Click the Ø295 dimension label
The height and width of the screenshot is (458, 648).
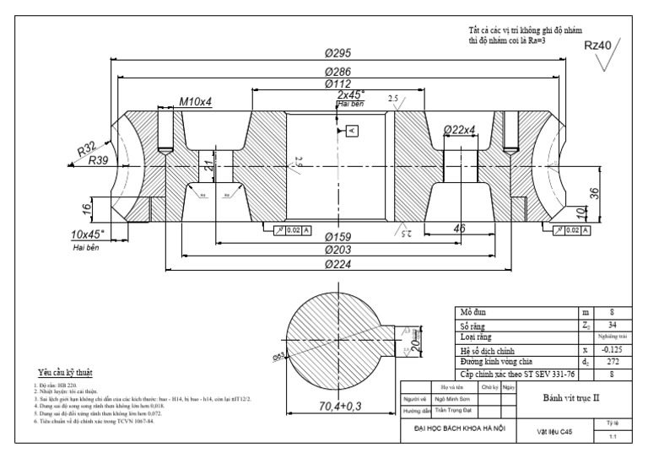(337, 54)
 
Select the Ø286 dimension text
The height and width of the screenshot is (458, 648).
(337, 73)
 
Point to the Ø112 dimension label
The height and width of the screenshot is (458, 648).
(337, 84)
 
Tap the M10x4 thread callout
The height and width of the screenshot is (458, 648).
(195, 102)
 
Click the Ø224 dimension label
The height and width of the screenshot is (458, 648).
(337, 264)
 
